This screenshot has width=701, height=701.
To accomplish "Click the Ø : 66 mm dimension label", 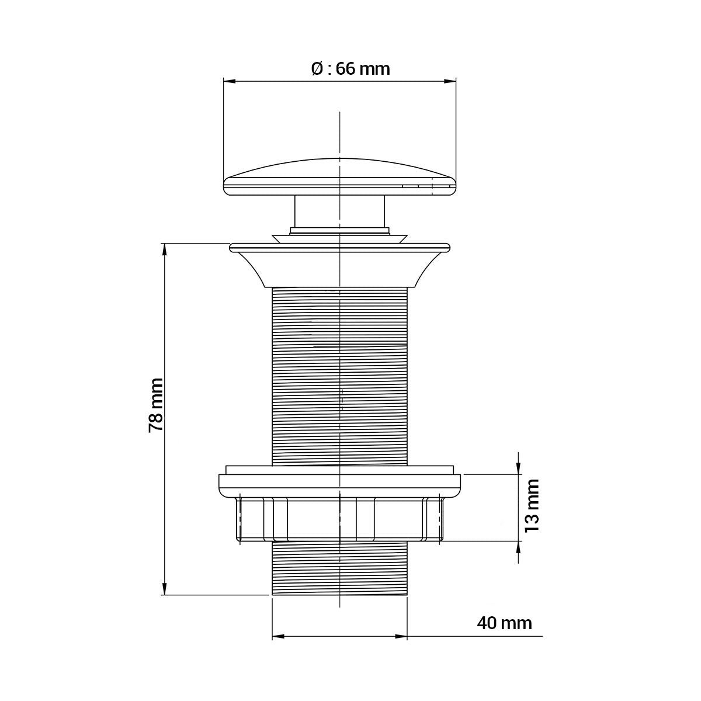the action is point(350,68).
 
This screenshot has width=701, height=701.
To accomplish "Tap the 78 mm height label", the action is point(156,405).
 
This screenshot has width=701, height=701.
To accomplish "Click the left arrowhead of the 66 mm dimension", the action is point(229,82).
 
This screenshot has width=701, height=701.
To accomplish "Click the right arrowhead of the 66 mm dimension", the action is point(450,82).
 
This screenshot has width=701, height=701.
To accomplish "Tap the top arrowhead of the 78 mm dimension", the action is point(164,249).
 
